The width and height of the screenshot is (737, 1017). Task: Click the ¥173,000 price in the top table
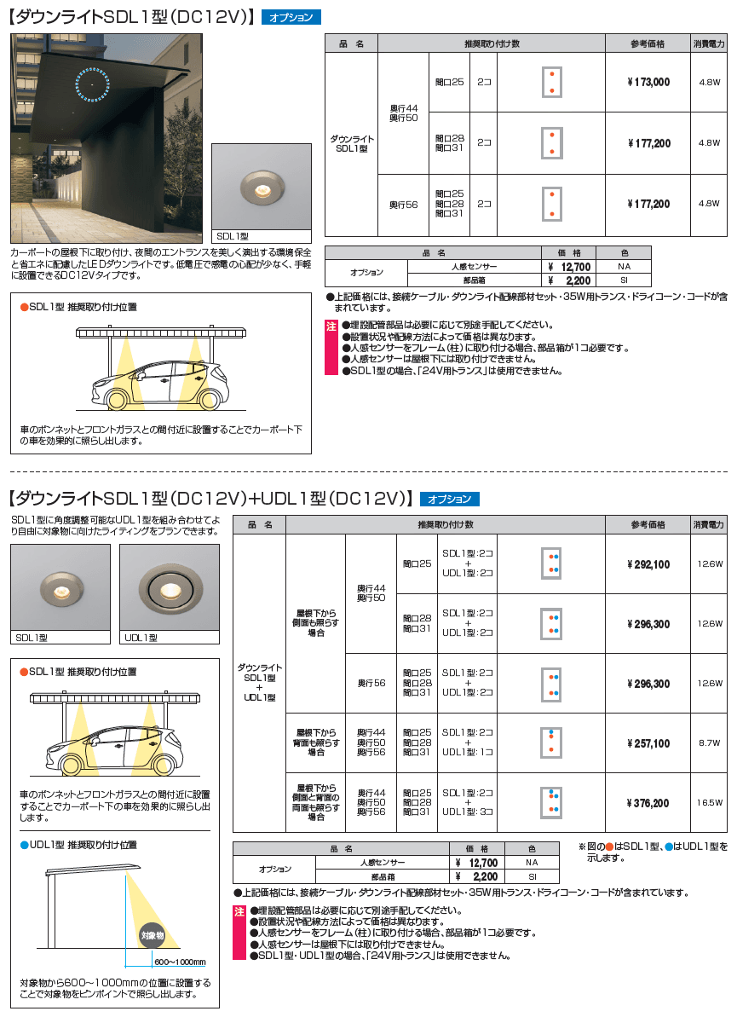tap(648, 83)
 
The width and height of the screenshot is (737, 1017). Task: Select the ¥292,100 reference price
tap(648, 564)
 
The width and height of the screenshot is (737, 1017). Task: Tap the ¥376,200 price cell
tap(648, 803)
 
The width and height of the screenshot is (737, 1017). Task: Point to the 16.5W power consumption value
tap(709, 803)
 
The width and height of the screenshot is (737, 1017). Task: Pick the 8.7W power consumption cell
tap(709, 743)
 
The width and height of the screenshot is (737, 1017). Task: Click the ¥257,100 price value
tap(648, 743)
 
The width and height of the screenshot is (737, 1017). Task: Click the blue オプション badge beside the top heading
tap(291, 17)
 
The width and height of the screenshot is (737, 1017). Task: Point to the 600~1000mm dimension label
tap(180, 962)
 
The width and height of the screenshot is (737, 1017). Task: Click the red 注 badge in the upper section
tap(331, 326)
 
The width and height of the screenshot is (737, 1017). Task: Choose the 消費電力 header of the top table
tap(709, 43)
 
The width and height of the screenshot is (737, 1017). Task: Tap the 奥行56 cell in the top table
tap(403, 205)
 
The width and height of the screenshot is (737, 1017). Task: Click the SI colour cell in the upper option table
tap(624, 280)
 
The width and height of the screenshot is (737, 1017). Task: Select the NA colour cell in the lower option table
tap(533, 863)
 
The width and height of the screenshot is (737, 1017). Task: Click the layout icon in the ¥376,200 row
tap(552, 802)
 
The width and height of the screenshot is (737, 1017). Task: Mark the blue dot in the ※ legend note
tap(670, 847)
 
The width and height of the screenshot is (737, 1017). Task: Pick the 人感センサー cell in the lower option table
tap(383, 863)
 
